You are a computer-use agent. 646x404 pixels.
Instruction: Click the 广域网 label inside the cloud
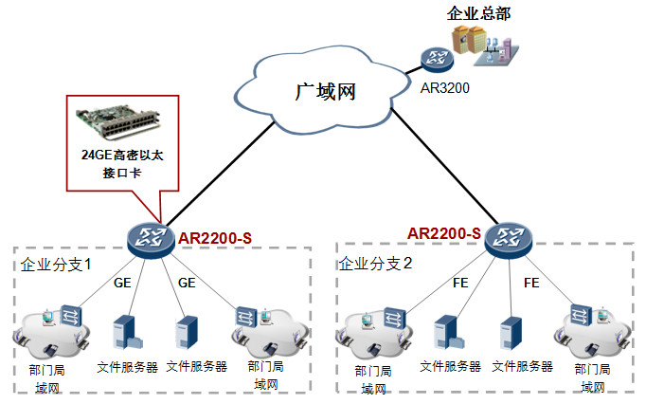click(325, 92)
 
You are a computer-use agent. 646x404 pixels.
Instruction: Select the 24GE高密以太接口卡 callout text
click(121, 164)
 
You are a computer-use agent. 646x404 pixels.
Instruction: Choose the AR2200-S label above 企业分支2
click(444, 233)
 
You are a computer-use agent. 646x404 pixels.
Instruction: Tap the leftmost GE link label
click(122, 283)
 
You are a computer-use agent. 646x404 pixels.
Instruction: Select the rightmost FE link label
click(530, 283)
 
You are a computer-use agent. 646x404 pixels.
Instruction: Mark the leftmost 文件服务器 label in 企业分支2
click(451, 365)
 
